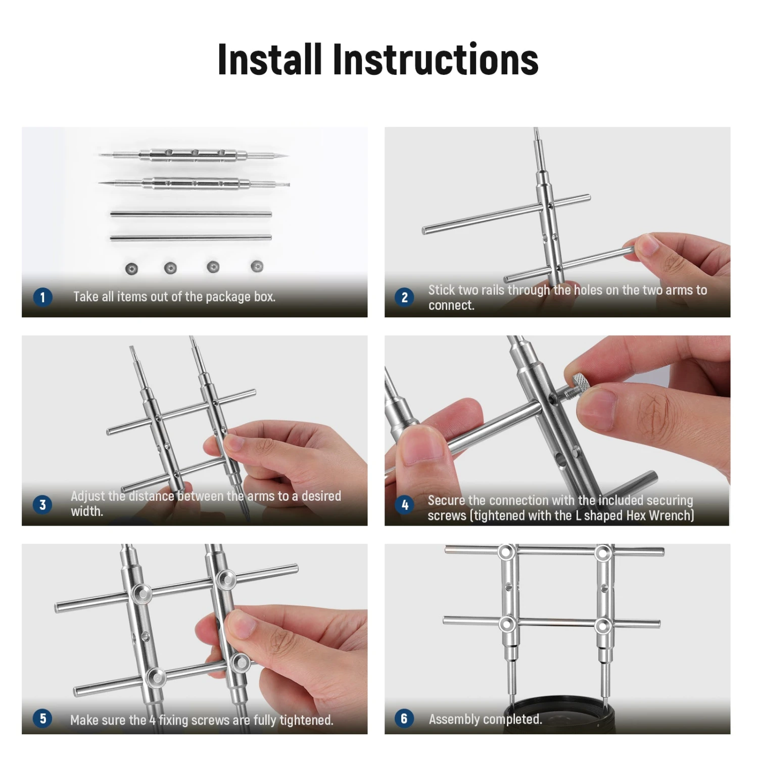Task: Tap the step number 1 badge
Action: (x=42, y=297)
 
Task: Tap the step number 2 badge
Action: (x=404, y=297)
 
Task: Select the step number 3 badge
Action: (x=42, y=504)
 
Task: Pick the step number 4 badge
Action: (x=404, y=504)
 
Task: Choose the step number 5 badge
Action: (x=42, y=718)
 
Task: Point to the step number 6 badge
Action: (x=404, y=718)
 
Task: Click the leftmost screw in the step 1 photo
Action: (x=131, y=268)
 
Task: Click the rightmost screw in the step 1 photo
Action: (x=257, y=266)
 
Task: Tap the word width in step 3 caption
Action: (x=87, y=511)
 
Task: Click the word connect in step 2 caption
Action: (x=451, y=305)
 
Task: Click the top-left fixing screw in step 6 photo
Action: (x=506, y=552)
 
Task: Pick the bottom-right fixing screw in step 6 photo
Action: (x=603, y=626)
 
